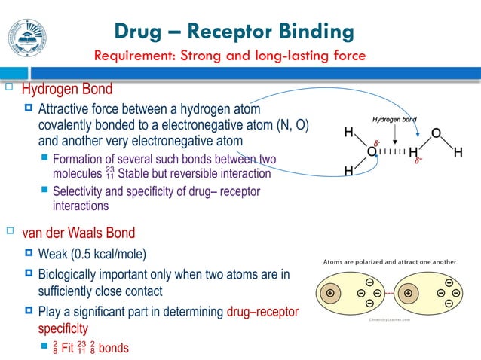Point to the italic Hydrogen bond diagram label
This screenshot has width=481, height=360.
pyautogui.click(x=394, y=120)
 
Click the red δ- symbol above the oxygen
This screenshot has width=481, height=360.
pyautogui.click(x=376, y=140)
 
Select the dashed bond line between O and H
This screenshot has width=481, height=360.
pyautogui.click(x=392, y=151)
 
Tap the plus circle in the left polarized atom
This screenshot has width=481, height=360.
pyautogui.click(x=329, y=292)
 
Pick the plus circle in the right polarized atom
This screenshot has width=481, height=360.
pyautogui.click(x=408, y=292)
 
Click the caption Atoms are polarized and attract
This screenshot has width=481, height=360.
pyautogui.click(x=389, y=261)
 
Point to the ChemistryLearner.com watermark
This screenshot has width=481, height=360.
pyautogui.click(x=390, y=319)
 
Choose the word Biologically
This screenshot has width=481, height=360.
pyautogui.click(x=72, y=275)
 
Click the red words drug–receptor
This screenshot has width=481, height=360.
pyautogui.click(x=262, y=312)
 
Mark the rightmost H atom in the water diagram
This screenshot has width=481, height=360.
pyautogui.click(x=458, y=152)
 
